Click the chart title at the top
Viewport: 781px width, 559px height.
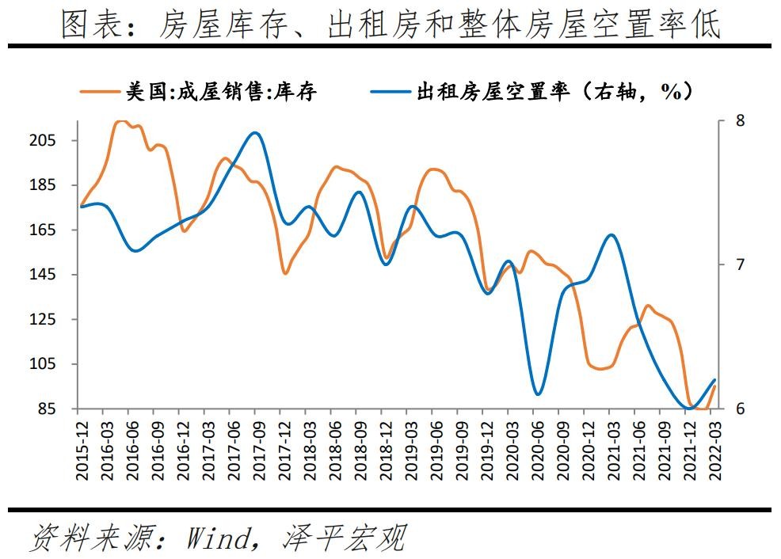(390, 25)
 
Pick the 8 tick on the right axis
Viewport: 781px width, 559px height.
(740, 121)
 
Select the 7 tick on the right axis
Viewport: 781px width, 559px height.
(740, 264)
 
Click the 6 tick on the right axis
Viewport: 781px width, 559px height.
(740, 409)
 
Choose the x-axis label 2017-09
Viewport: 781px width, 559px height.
(257, 450)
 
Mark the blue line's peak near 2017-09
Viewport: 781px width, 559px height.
(253, 133)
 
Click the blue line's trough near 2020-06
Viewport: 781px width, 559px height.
(539, 394)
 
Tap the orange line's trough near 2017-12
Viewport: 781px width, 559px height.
(285, 274)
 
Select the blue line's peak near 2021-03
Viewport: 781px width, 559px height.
(610, 235)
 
